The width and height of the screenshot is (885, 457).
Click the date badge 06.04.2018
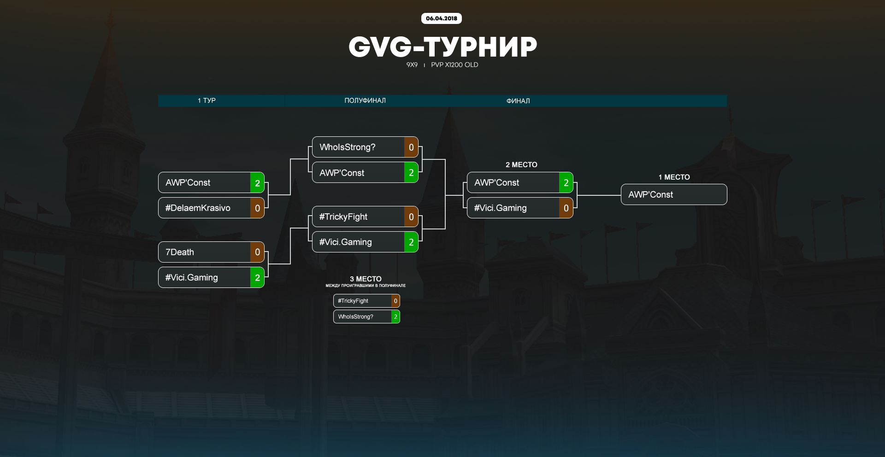(x=441, y=18)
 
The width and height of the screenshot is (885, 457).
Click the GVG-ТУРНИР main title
(x=442, y=47)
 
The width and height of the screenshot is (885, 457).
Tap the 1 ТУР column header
(x=206, y=100)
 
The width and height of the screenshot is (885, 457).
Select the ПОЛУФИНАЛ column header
(x=365, y=100)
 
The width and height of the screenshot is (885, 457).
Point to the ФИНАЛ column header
(x=518, y=101)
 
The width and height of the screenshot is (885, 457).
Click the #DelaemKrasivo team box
(x=204, y=208)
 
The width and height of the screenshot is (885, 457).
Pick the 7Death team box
(x=204, y=252)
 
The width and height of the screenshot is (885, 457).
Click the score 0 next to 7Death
(x=257, y=252)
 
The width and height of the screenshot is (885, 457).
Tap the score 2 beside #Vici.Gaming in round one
(x=257, y=277)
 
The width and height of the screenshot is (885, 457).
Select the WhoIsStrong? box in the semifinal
(x=358, y=147)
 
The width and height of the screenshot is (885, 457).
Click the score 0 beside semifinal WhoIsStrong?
(x=411, y=147)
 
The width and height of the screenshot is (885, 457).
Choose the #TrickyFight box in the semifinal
(x=358, y=217)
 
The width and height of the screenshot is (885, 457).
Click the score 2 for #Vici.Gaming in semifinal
(x=411, y=242)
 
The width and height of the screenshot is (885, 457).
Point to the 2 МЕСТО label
(x=521, y=164)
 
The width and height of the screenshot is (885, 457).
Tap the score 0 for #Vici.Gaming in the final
(x=566, y=208)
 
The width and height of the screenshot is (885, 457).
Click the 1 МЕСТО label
(x=674, y=177)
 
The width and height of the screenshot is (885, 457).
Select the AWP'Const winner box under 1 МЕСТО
(x=674, y=194)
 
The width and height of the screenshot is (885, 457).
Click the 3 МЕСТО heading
(x=366, y=279)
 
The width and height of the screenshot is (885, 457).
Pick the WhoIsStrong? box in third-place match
(x=362, y=316)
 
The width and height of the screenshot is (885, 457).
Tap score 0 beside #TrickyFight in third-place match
(x=395, y=301)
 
